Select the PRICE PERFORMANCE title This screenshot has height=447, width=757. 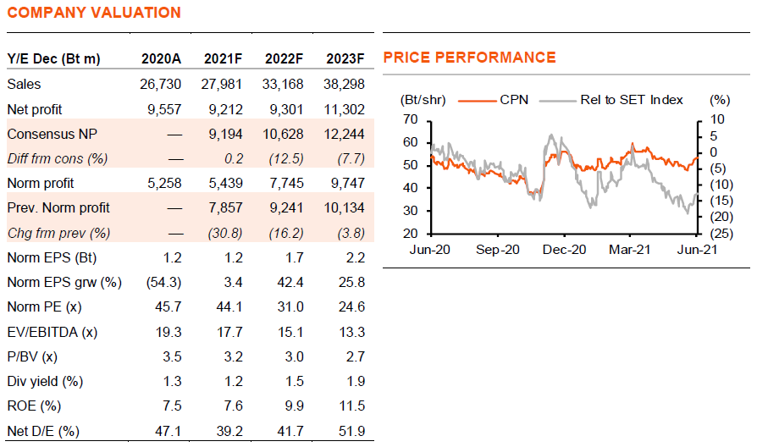point(469,58)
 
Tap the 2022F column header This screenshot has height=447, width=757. point(285,58)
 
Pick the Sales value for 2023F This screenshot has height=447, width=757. point(345,84)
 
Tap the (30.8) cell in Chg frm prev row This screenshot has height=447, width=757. point(224,232)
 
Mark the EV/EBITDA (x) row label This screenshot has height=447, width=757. point(52,332)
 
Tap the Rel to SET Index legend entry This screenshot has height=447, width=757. point(631,99)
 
